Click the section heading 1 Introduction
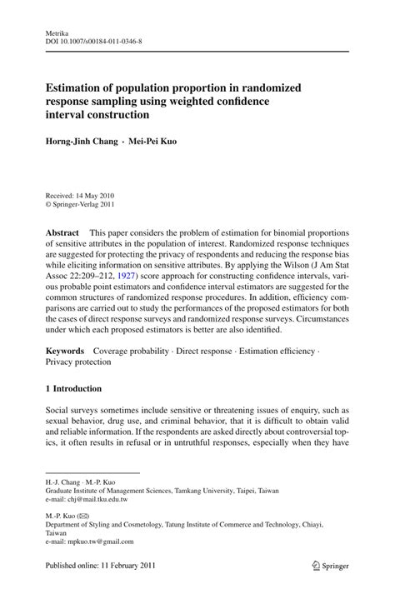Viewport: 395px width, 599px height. click(73, 389)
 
